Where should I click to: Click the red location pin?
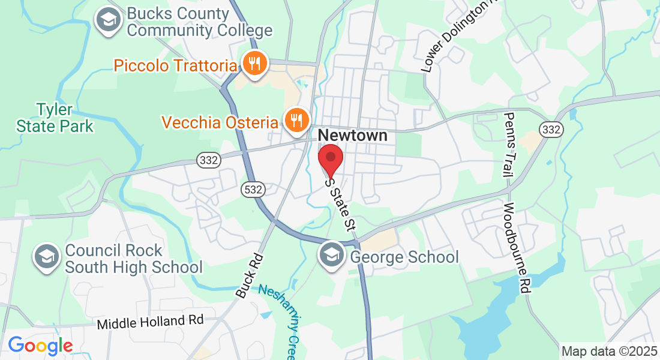330,159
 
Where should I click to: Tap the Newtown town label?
353,136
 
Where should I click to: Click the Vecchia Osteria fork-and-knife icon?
295,121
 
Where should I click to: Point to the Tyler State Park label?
55,118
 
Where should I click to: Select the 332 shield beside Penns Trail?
550,129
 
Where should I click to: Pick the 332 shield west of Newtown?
209,160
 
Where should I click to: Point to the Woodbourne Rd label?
517,248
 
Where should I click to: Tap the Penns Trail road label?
509,145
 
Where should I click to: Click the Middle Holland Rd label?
151,322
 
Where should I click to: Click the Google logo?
40,346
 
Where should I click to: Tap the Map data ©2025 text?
608,351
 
